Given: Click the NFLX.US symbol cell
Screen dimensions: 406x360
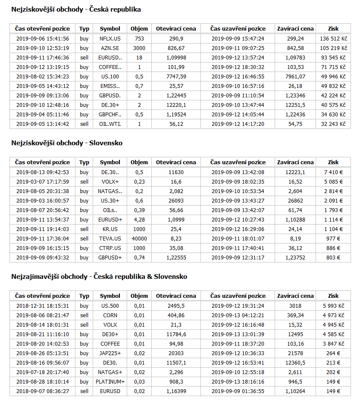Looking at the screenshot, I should (x=110, y=38).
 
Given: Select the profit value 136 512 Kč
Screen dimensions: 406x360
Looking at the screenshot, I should (x=333, y=38).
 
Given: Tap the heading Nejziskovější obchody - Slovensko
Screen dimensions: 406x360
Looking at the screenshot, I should (x=67, y=143).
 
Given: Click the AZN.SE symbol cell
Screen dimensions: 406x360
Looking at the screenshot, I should (x=110, y=48).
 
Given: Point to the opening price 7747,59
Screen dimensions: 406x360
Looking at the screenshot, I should (x=175, y=76).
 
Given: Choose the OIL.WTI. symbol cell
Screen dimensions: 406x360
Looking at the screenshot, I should (x=110, y=124).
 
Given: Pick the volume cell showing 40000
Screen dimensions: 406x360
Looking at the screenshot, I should (x=139, y=239).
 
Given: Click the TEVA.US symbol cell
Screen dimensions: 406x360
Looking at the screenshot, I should (x=110, y=239).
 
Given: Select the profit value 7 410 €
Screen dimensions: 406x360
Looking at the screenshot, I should (x=333, y=172).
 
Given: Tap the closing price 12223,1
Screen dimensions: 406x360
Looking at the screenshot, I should (x=295, y=172).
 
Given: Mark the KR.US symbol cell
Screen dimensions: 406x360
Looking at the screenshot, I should (x=110, y=229).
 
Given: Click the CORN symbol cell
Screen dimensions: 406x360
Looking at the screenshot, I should (x=110, y=315).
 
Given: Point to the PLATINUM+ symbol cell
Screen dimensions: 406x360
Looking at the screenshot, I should (x=110, y=382).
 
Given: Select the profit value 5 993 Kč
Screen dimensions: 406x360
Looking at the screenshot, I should (x=333, y=306).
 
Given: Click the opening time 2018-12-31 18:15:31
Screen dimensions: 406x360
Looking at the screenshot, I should (x=42, y=306).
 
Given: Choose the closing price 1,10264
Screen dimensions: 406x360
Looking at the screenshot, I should (x=295, y=391).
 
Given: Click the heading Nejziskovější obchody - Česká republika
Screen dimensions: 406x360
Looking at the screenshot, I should (x=76, y=9).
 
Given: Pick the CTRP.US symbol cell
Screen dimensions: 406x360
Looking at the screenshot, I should (x=110, y=248).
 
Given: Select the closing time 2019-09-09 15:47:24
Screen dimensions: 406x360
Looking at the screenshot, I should (x=238, y=38).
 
